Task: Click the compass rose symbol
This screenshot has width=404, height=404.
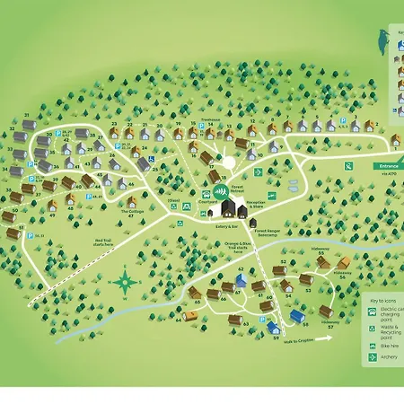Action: [125, 285]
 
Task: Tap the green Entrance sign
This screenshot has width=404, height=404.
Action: [385, 166]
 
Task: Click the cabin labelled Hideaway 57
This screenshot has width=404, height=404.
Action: [326, 312]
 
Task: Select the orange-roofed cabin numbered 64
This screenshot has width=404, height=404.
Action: [213, 294]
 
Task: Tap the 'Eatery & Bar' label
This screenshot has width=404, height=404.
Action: [226, 227]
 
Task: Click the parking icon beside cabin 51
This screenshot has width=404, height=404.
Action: [30, 236]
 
